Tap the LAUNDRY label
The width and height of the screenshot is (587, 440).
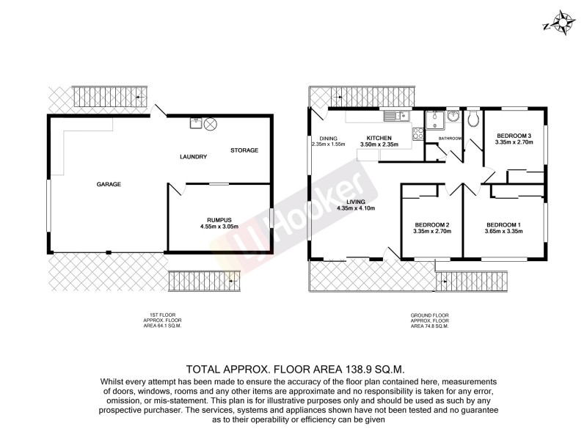pyautogui.click(x=194, y=156)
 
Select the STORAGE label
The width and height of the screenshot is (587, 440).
pyautogui.click(x=244, y=150)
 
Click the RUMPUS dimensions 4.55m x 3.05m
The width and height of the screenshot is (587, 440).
pyautogui.click(x=220, y=226)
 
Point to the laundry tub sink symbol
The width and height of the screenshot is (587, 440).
pyautogui.click(x=196, y=123)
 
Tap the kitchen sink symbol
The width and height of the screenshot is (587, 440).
pyautogui.click(x=395, y=115)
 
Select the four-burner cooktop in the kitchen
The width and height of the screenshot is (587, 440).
pyautogui.click(x=418, y=133)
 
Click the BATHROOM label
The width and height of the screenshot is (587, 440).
pyautogui.click(x=450, y=139)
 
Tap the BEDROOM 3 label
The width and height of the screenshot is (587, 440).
pyautogui.click(x=513, y=136)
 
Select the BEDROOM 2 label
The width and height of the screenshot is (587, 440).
pyautogui.click(x=431, y=224)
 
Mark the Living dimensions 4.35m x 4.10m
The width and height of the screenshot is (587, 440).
pyautogui.click(x=356, y=208)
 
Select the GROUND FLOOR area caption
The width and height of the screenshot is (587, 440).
pyautogui.click(x=429, y=320)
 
